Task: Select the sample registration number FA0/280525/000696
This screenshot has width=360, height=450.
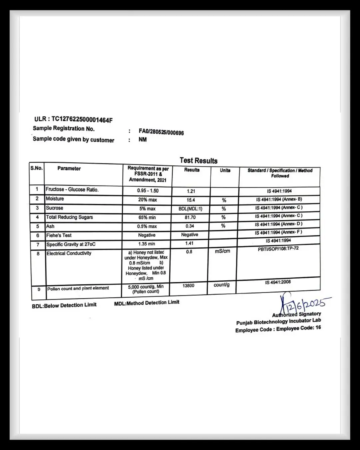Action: click(161, 132)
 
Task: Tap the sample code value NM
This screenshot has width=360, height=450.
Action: click(142, 140)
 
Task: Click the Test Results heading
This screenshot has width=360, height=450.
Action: click(198, 160)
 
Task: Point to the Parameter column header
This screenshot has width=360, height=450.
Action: click(69, 168)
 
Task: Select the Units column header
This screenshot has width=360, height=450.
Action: click(225, 170)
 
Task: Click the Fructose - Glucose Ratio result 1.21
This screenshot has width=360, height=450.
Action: click(191, 191)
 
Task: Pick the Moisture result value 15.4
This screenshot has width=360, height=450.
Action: click(191, 200)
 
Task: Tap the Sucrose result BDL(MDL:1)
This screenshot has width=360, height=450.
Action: click(190, 209)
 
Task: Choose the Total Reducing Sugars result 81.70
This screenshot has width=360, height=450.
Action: click(190, 217)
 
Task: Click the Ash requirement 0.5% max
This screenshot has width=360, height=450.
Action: click(147, 226)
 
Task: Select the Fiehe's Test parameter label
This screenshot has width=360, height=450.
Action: click(59, 235)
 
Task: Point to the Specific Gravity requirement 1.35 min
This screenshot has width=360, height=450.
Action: click(147, 244)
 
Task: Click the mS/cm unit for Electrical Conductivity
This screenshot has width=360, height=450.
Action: click(222, 251)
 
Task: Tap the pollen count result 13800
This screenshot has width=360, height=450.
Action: click(188, 286)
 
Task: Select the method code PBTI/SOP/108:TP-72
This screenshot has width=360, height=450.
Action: click(278, 249)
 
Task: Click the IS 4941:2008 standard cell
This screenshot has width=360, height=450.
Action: click(278, 282)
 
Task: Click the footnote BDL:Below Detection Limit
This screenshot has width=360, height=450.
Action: click(64, 305)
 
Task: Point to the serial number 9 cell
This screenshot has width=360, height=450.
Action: click(39, 289)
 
